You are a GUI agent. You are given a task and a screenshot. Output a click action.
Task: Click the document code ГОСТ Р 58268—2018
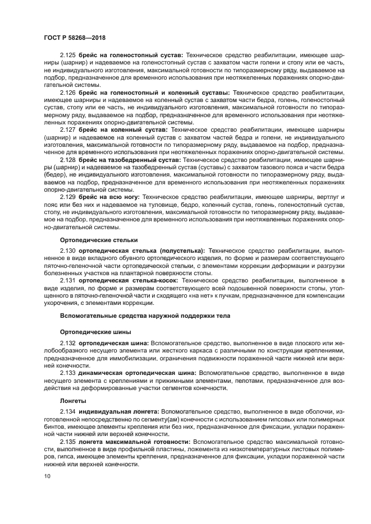pos(74,38)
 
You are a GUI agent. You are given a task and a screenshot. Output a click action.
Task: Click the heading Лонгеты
pos(73,401)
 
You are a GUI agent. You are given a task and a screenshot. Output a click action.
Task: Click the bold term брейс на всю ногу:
pos(109,197)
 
